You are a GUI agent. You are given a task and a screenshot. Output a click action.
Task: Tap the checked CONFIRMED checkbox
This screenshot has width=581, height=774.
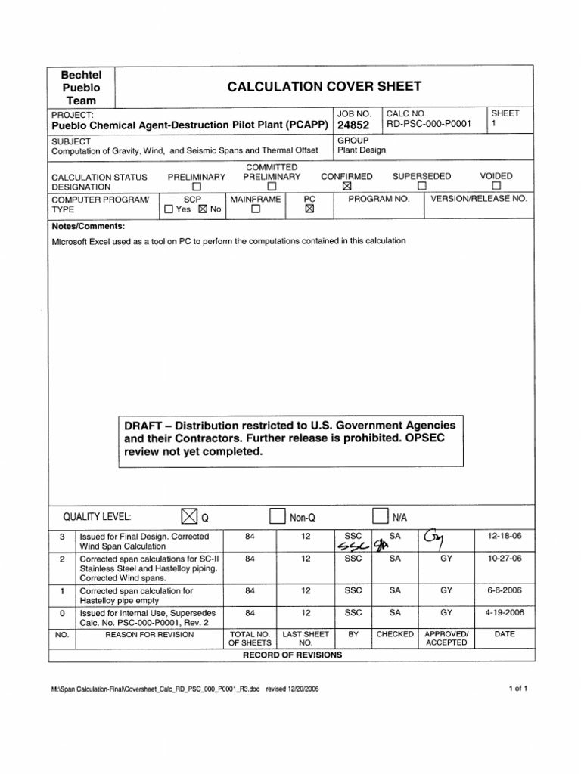tap(347, 186)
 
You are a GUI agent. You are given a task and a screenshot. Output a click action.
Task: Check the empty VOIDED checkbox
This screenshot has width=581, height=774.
tap(496, 186)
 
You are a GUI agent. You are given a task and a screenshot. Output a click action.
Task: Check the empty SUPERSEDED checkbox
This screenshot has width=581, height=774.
tap(422, 186)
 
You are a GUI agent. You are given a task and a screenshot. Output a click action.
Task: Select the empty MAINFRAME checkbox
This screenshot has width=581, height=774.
tap(255, 210)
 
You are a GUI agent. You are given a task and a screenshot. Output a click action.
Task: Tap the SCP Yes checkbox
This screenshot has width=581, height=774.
tap(169, 210)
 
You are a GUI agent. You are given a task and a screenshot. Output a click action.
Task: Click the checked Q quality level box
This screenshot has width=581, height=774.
tap(188, 516)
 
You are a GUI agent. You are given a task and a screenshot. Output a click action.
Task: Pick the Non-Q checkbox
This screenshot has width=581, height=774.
tap(277, 516)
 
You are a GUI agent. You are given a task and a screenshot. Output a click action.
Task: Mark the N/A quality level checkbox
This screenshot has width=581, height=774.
tap(379, 516)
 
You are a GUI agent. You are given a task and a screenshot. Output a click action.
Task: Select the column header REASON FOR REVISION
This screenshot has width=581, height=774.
tap(149, 634)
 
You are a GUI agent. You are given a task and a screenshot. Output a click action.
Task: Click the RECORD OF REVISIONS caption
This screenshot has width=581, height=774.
tap(292, 655)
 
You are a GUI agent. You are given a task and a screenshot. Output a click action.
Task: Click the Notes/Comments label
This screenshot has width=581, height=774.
tap(89, 226)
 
